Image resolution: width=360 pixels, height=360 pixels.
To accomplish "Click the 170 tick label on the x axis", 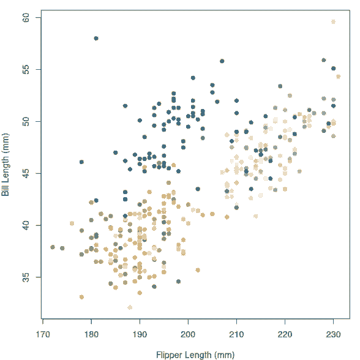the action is click(x=43, y=334).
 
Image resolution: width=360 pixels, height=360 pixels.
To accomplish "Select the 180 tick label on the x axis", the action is click(x=91, y=334).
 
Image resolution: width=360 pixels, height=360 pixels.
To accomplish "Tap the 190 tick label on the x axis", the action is click(x=140, y=334).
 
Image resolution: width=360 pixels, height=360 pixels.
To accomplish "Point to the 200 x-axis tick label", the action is click(x=188, y=334).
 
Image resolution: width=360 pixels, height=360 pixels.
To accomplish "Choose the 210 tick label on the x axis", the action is click(x=236, y=334).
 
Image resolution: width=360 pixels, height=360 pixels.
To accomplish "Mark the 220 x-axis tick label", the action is click(x=285, y=334).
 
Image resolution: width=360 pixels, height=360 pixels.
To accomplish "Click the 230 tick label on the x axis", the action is click(x=333, y=334).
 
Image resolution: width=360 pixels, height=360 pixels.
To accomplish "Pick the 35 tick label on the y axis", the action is click(x=26, y=277).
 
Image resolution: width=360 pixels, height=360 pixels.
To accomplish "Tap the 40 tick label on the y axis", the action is click(x=26, y=225).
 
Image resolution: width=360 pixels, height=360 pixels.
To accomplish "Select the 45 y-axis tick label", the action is click(x=26, y=173).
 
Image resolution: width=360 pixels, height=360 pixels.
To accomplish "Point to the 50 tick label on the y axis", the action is click(x=26, y=121).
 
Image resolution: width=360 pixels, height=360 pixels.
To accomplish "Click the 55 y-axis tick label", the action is click(x=26, y=70).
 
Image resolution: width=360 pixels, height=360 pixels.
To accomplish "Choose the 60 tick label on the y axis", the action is click(x=26, y=18).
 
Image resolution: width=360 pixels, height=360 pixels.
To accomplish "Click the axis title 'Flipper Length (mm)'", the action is click(x=195, y=354).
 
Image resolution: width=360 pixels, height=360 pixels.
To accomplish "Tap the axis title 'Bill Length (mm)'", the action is click(x=5, y=165).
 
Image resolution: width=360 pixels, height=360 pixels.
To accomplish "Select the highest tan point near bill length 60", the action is click(x=333, y=22).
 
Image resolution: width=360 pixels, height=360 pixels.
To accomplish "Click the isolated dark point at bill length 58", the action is click(x=96, y=39).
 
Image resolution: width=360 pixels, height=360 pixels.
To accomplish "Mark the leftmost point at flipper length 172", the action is click(x=53, y=247).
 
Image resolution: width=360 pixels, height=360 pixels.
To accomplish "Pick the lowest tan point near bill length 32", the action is click(x=130, y=307).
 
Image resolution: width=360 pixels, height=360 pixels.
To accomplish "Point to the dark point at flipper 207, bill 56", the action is click(x=222, y=61).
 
